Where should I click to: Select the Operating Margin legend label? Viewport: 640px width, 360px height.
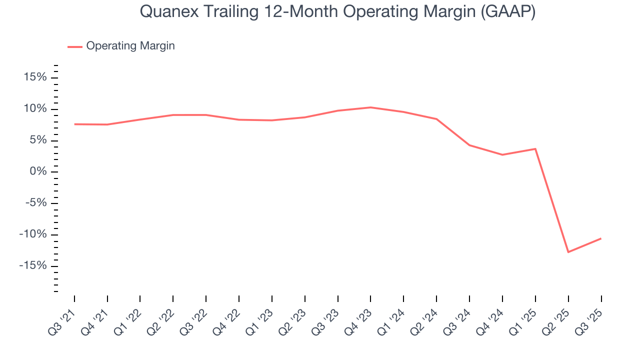pos(130,46)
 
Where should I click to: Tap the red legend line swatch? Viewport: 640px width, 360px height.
pos(75,46)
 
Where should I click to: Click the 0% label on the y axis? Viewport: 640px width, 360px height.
pos(38,171)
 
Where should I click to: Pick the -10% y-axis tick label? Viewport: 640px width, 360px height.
pos(33,234)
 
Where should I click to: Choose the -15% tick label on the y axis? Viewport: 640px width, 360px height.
pos(33,265)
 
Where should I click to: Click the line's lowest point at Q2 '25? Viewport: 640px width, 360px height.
pos(568,252)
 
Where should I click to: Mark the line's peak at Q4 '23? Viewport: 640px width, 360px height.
pos(370,107)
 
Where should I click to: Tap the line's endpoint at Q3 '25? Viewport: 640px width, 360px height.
pos(601,238)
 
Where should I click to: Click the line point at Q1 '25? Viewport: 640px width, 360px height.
pos(535,148)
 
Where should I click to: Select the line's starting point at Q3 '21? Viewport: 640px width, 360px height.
pos(74,124)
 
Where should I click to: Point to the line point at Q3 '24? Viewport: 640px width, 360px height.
pos(469,145)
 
